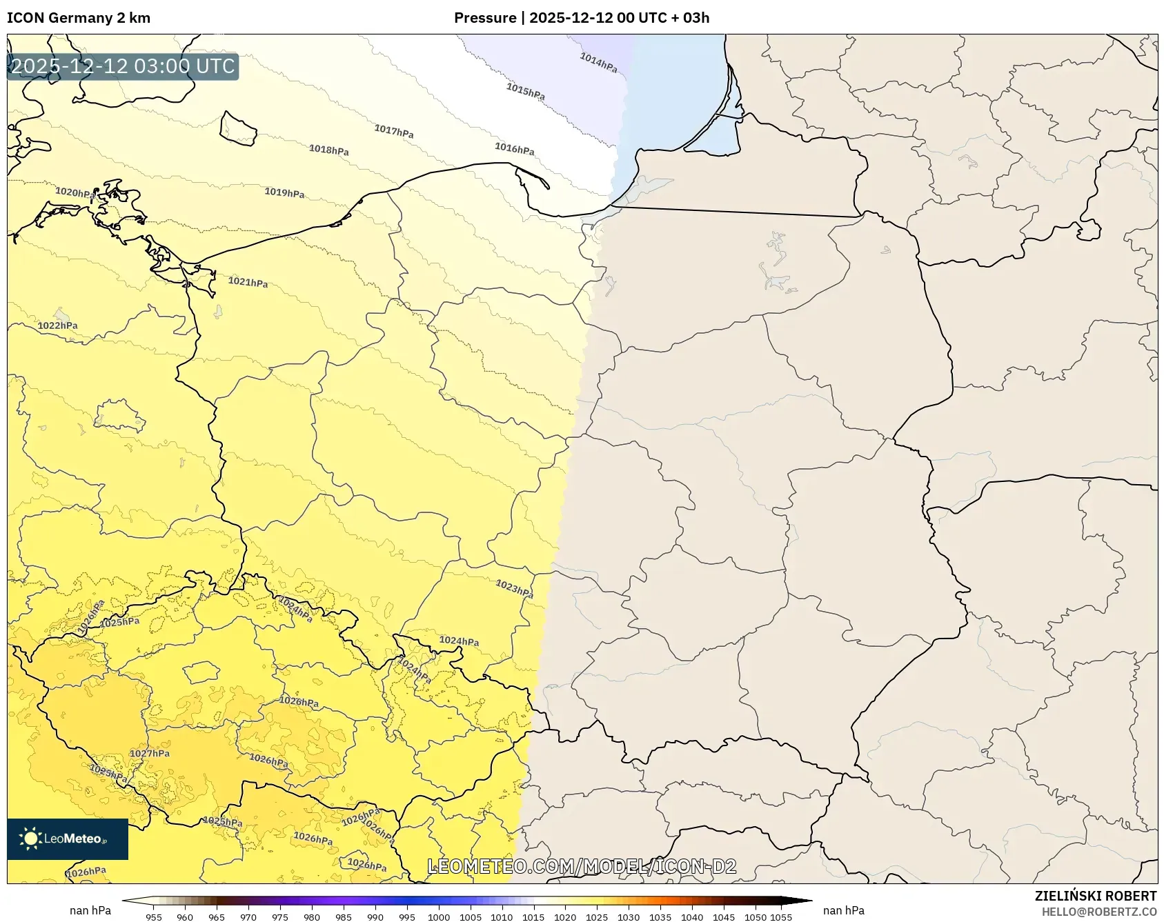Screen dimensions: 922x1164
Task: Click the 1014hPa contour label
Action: point(598,63)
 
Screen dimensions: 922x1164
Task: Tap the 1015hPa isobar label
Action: point(525,91)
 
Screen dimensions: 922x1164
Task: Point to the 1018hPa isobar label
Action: point(328,150)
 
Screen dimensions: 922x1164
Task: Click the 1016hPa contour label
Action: point(514,148)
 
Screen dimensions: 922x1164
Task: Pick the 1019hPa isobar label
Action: point(284,192)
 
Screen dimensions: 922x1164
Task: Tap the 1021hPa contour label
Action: point(248,281)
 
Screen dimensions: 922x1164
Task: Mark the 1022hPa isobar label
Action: point(57,325)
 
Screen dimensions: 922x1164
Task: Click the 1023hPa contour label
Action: point(514,588)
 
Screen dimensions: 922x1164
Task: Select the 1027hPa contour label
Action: point(150,753)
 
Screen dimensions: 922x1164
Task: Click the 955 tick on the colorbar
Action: point(154,917)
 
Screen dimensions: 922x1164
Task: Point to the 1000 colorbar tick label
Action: point(438,917)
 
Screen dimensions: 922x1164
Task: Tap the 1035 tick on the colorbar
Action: point(660,917)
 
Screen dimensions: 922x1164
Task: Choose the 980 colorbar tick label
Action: point(312,917)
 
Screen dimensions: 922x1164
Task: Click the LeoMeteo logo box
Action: point(68,839)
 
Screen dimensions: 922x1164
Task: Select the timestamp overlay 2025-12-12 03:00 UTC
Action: point(123,66)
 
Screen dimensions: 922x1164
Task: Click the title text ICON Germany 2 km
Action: point(79,18)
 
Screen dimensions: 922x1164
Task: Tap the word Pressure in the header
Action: point(485,18)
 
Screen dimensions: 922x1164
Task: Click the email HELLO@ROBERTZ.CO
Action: point(1099,912)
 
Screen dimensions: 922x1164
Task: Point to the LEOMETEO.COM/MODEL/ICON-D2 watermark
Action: point(582,866)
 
